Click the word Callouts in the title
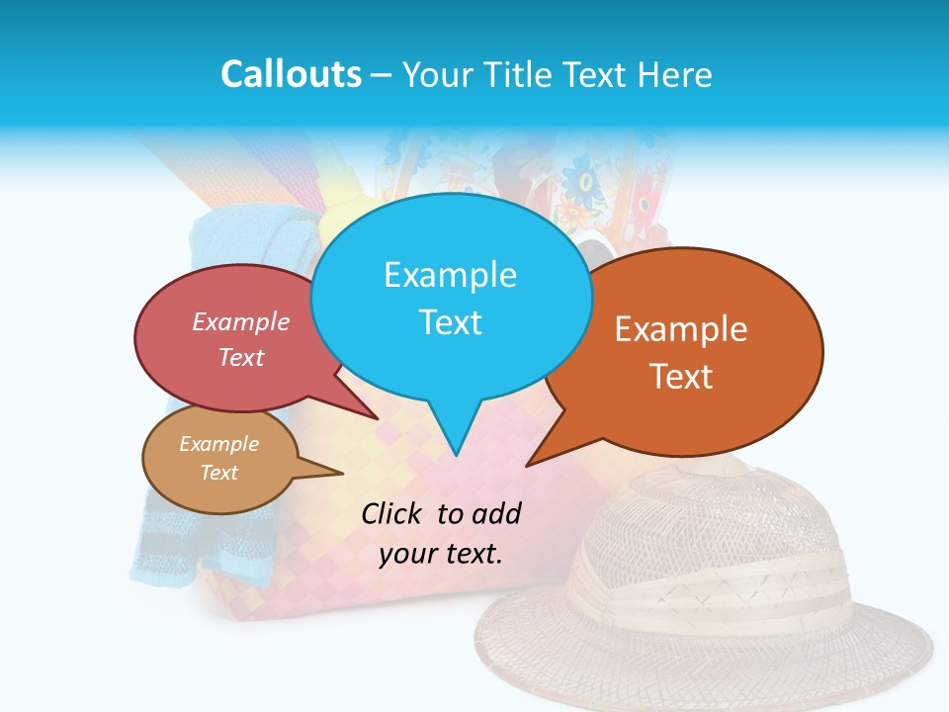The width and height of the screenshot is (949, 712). click(x=291, y=74)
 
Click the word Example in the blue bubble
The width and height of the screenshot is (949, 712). click(x=450, y=275)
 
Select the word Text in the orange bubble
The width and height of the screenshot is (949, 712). click(x=680, y=377)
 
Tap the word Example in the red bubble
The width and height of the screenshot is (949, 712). click(x=241, y=321)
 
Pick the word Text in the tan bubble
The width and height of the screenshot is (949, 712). click(x=218, y=473)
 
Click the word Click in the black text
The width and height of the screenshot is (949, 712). click(x=391, y=513)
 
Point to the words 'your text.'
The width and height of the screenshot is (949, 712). click(x=441, y=554)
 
